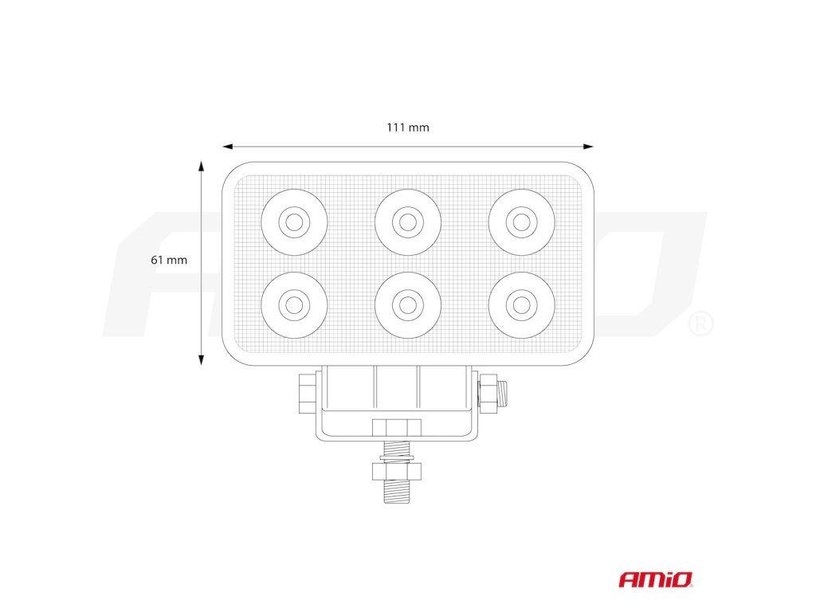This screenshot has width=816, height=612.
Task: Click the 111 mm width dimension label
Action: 408,127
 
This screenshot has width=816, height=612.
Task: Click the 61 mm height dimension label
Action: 168,260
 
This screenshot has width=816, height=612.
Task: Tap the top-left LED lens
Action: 294,222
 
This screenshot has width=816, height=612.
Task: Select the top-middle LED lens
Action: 408,222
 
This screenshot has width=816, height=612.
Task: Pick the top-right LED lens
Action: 521,222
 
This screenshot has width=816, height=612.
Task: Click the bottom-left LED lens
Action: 294,304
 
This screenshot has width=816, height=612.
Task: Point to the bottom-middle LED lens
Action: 408,304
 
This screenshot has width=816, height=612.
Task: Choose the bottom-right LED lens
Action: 521,304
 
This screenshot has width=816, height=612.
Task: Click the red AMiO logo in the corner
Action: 656,579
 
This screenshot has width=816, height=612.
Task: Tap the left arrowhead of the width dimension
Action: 227,147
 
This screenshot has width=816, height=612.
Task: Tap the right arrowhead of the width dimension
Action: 589,147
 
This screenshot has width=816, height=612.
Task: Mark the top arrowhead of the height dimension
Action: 202,166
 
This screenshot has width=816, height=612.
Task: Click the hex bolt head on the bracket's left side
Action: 306,394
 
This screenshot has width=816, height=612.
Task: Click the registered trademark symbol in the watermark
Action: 700,324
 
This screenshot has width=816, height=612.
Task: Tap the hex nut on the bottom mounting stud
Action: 397,472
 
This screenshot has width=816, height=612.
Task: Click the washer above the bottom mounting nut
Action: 397,459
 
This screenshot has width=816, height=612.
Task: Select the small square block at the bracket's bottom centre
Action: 397,427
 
